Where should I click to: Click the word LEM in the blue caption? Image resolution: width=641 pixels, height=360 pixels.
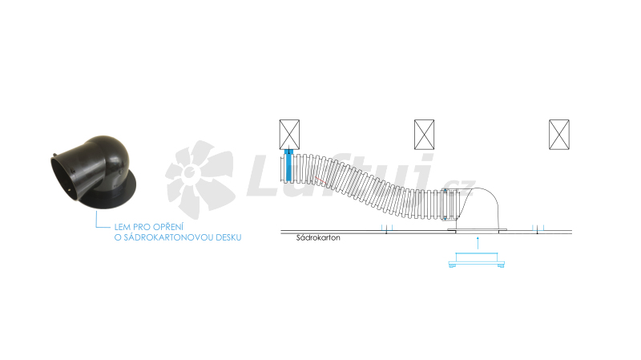[x=123, y=227]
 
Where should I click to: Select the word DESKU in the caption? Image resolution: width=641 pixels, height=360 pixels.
[x=228, y=237]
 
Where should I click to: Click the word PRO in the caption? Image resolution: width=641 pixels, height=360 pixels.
[x=142, y=227]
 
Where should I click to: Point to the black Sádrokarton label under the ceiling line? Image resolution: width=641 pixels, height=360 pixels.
[x=318, y=237]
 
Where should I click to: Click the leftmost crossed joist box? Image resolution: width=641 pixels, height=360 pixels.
[x=289, y=135]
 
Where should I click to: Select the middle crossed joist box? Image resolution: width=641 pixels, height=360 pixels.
[x=425, y=135]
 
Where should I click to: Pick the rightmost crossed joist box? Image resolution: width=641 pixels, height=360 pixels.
[x=559, y=135]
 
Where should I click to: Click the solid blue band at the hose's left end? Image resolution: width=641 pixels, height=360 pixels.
[x=289, y=166]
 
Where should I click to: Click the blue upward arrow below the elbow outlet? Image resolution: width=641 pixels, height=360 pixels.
[x=478, y=243]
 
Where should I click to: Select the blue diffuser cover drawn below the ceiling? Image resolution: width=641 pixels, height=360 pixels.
[x=477, y=261]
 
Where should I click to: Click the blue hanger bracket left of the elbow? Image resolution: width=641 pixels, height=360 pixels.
[x=387, y=229]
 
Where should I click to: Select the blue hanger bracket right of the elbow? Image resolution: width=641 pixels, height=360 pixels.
[x=538, y=229]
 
